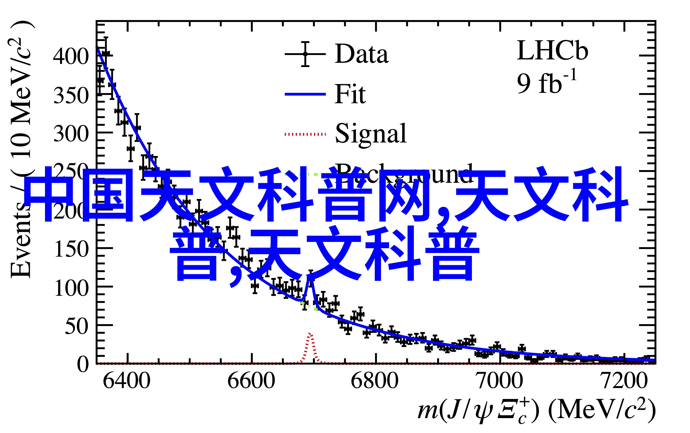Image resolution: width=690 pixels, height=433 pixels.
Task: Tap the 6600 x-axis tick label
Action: point(251,381)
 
